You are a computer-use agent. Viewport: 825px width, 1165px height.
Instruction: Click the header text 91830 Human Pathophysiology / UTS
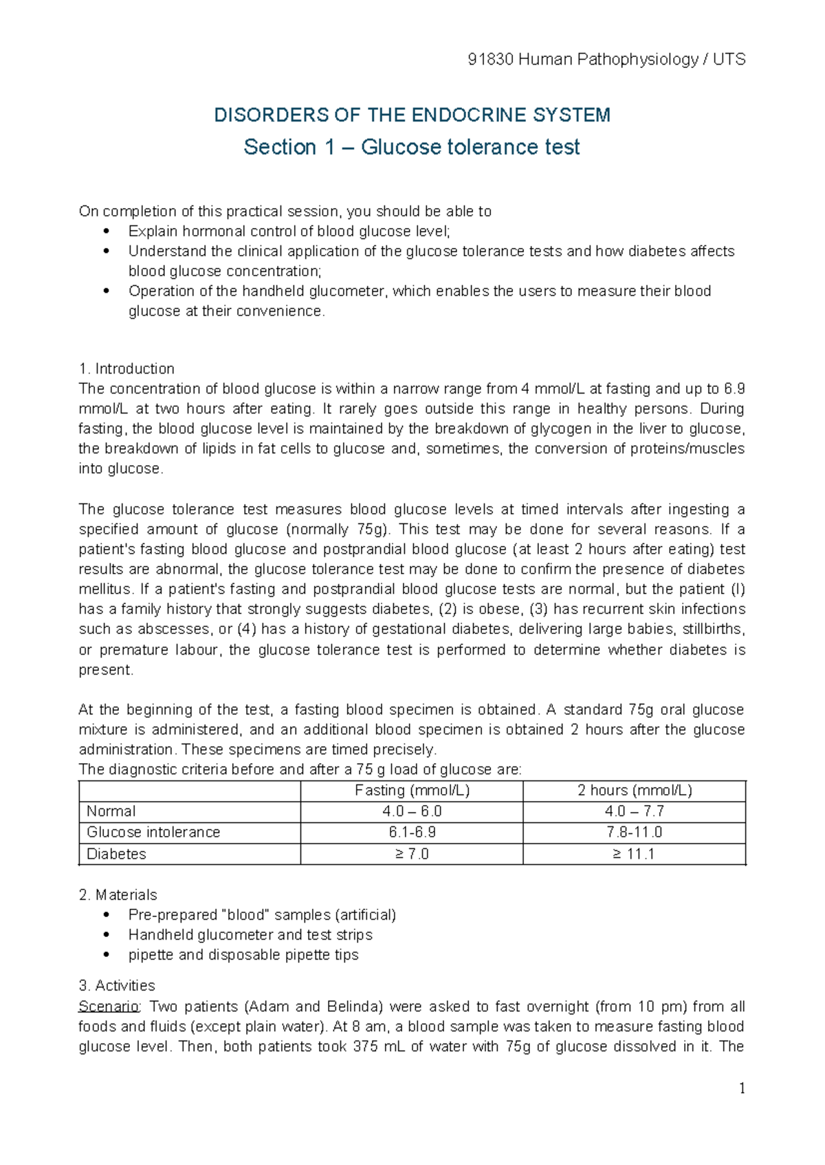click(606, 60)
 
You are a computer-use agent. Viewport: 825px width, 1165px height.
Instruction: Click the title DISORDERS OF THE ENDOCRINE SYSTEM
click(412, 115)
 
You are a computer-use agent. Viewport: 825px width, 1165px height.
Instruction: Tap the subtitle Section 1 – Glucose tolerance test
click(412, 147)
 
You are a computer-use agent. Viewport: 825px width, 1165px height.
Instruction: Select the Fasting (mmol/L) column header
click(412, 791)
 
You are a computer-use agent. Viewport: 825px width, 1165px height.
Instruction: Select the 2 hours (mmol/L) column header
click(634, 791)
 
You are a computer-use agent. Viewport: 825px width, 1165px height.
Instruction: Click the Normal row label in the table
click(111, 811)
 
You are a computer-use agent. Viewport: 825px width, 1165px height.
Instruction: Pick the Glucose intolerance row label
click(153, 833)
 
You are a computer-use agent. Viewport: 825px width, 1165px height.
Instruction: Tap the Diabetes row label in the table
click(116, 854)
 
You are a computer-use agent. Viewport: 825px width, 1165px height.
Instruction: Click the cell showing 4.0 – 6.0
click(412, 811)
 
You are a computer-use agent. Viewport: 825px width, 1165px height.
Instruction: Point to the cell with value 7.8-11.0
click(634, 833)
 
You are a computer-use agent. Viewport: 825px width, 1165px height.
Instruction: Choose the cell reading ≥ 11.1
click(634, 854)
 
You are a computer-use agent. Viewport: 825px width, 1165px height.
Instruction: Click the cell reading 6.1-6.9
click(412, 833)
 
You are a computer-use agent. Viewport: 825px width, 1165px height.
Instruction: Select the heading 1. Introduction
click(126, 369)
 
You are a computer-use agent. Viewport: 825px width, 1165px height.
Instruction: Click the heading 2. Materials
click(118, 895)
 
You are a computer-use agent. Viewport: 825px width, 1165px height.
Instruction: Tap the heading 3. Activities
click(117, 986)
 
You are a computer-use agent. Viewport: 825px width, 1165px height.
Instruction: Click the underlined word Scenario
click(109, 1007)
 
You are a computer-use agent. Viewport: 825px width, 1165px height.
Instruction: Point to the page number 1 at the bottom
click(742, 1088)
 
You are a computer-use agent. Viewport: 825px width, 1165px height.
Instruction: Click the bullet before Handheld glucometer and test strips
click(106, 935)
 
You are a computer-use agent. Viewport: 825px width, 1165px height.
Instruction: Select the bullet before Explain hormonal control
click(106, 231)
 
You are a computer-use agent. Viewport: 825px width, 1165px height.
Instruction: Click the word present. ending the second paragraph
click(106, 670)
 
